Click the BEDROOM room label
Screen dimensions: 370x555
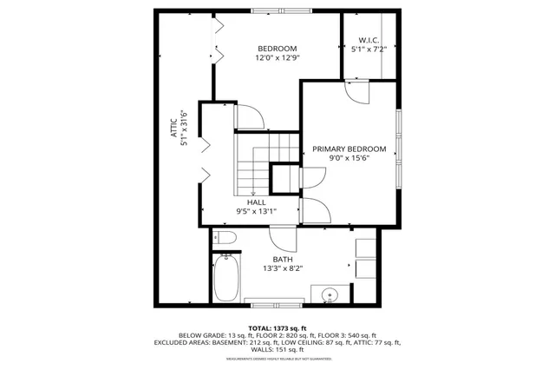(277, 48)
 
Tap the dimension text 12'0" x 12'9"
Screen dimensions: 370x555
(277, 59)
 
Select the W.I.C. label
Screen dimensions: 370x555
(369, 40)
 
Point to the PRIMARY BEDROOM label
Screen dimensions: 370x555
(349, 149)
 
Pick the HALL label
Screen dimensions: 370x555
(256, 201)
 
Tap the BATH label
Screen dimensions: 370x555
(283, 259)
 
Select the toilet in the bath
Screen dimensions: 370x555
(223, 238)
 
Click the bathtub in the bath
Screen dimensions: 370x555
(225, 276)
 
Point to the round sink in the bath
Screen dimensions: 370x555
(330, 295)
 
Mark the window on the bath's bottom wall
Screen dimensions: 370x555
(274, 301)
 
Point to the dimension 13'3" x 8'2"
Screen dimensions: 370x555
(283, 269)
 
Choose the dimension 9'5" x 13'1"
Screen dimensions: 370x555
(256, 211)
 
